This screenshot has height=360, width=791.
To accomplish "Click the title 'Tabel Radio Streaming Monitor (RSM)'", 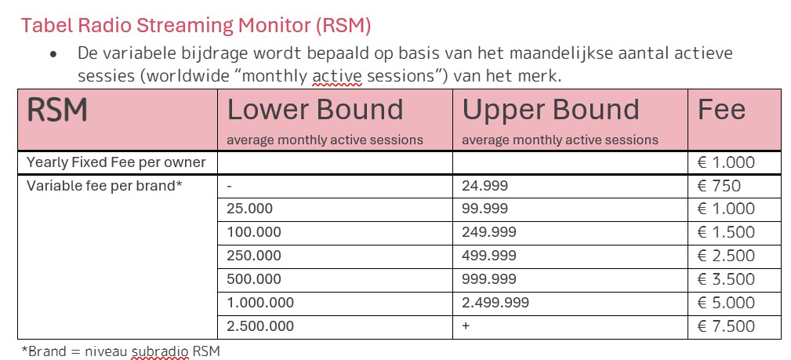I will (x=196, y=25).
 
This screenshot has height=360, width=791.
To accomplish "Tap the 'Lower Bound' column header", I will (x=315, y=111).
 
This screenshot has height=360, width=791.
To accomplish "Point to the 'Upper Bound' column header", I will (x=550, y=111).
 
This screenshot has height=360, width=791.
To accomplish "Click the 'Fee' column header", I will (x=721, y=111).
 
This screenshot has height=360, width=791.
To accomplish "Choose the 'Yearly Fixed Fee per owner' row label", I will (x=116, y=162).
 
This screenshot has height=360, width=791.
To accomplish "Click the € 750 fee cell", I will (x=719, y=186).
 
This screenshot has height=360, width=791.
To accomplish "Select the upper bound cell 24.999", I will (x=484, y=186).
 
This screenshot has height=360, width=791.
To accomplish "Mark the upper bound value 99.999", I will (x=484, y=209).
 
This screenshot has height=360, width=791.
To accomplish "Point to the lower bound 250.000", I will (x=253, y=256).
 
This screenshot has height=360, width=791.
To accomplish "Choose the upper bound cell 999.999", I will (x=488, y=279).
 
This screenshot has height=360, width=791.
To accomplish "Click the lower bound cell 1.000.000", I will (x=260, y=303).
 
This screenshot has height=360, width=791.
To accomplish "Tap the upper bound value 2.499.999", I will (x=495, y=303).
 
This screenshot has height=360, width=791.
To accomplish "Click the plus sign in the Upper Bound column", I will (x=466, y=326).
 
